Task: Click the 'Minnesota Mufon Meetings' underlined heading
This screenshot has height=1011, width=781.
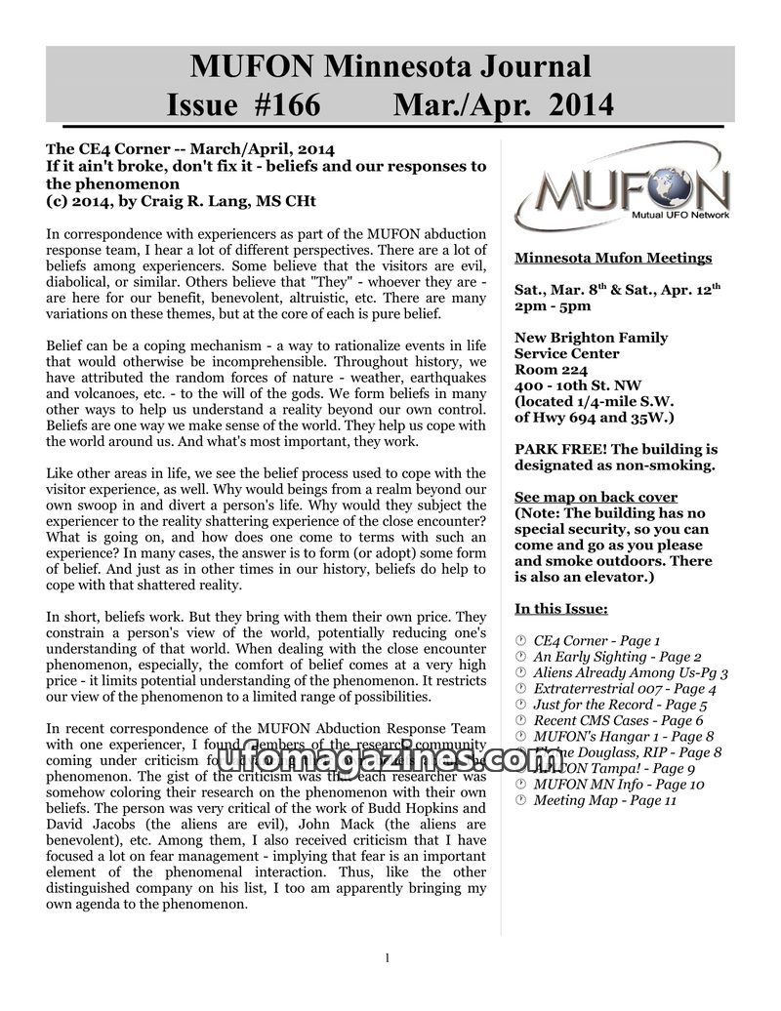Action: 613,258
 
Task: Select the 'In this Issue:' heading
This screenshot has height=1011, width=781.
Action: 561,609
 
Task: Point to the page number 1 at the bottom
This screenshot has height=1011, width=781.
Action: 388,958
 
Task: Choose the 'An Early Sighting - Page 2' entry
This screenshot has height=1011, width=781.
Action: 617,657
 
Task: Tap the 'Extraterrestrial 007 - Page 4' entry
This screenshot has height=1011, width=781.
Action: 625,688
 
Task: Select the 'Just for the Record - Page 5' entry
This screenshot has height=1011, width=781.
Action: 620,705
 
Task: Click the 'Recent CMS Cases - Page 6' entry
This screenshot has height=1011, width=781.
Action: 618,720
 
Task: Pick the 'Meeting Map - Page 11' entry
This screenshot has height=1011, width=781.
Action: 604,800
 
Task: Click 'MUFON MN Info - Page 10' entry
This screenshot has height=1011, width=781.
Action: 618,784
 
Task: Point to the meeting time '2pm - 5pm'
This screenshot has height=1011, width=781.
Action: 553,305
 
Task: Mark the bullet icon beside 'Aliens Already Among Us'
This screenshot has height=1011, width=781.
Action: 521,673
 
